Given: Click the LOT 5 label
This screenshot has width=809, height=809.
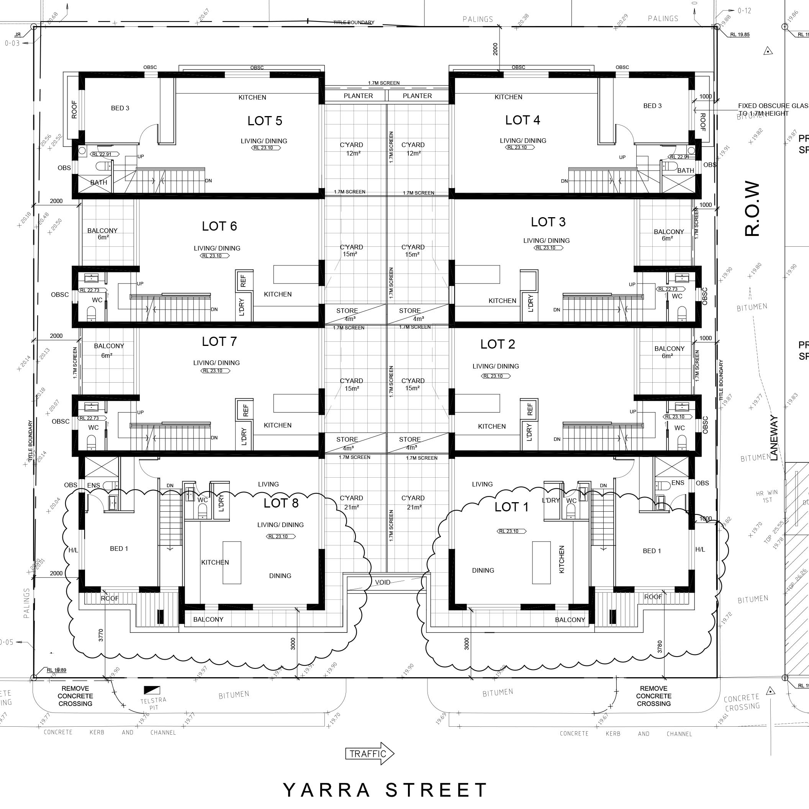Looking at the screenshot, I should coord(265,121).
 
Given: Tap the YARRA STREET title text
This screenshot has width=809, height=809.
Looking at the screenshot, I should coord(385,790).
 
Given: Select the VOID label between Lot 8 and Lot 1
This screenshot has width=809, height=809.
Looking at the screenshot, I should coord(382,583).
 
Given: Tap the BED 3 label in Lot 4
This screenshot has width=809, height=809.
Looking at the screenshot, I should coord(652,106).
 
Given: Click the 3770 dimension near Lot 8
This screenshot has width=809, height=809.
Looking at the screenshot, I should coord(100,635).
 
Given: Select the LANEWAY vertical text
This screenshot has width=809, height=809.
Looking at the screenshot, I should coord(774,438).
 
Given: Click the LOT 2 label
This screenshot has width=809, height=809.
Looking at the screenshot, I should coord(498,344).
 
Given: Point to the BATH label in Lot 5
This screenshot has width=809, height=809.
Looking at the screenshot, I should coord(99,182).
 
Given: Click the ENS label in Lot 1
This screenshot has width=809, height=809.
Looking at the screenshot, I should coord(678,483).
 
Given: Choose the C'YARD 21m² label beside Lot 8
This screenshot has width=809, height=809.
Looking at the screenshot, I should coord(351,503).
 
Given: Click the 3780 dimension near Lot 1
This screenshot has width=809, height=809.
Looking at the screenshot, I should coord(660,647).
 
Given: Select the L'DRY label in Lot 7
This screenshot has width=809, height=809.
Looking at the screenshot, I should coord(244,436).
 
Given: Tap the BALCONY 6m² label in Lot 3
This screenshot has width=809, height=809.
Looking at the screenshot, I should coord(669,234).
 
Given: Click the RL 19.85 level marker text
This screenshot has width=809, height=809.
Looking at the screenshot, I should coord(740,35).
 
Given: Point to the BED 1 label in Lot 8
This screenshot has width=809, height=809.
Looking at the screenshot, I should coord(119,549).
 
